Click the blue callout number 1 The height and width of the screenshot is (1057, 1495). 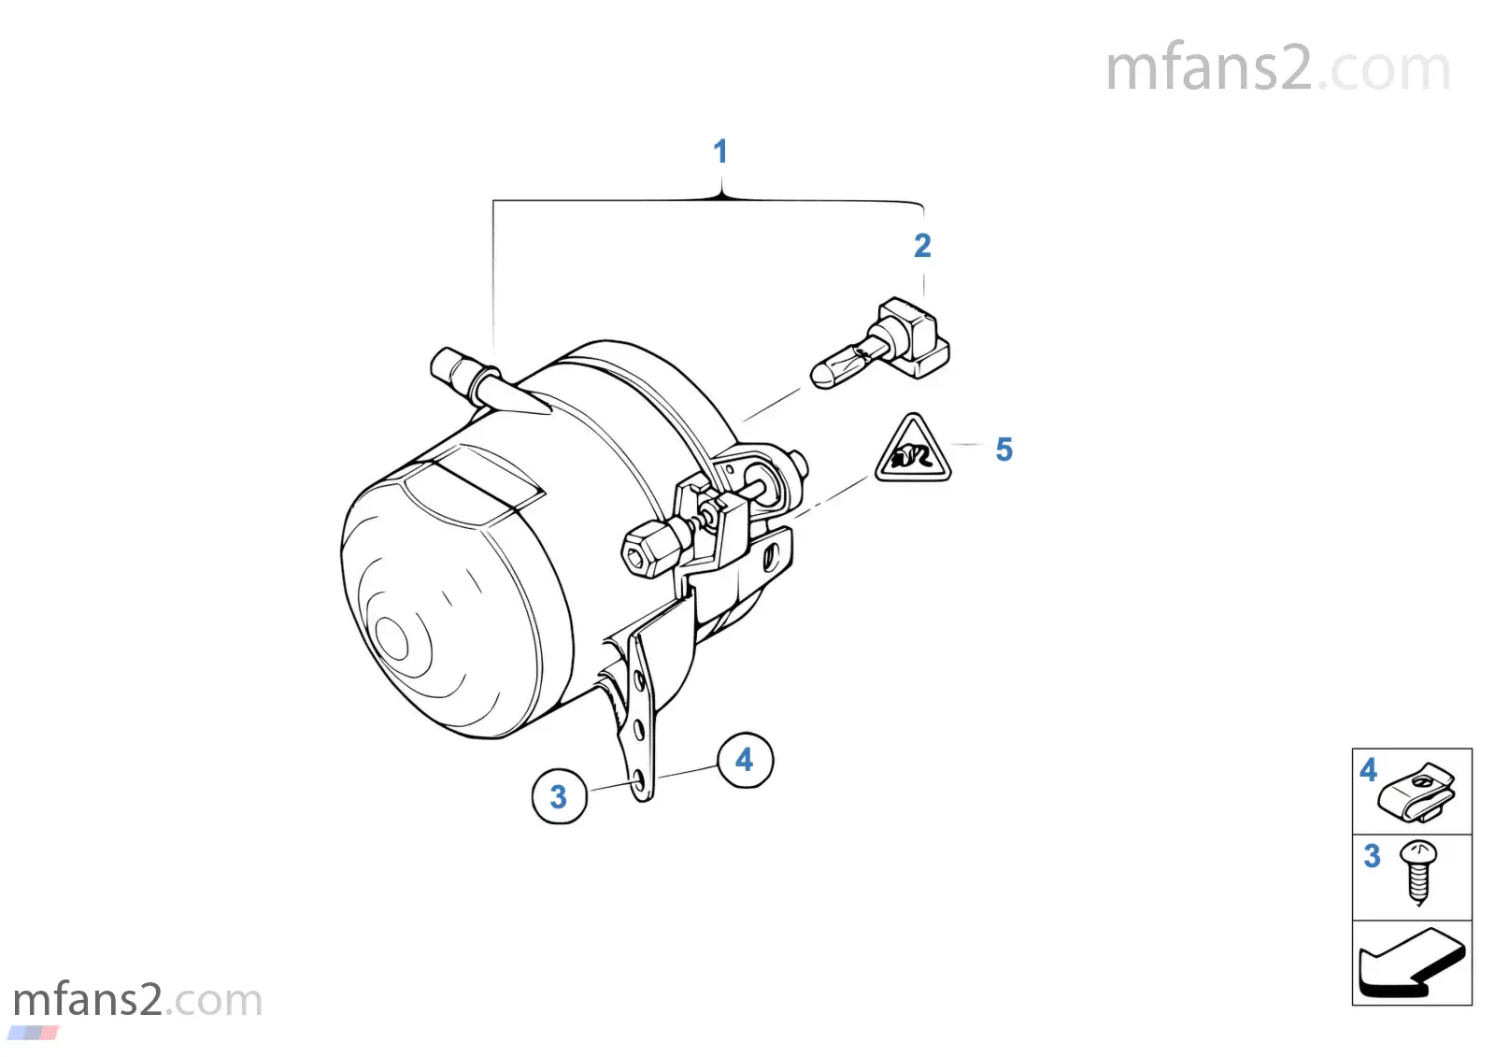click(720, 150)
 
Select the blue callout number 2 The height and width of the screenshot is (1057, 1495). click(922, 246)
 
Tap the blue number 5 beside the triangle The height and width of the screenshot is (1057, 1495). click(1004, 450)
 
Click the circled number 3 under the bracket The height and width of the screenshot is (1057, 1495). click(560, 796)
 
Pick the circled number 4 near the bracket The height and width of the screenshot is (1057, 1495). click(745, 760)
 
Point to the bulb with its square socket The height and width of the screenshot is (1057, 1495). click(880, 343)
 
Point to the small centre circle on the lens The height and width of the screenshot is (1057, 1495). click(392, 637)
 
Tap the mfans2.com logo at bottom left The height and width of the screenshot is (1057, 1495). click(137, 1000)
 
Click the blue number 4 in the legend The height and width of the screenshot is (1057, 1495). click(1368, 770)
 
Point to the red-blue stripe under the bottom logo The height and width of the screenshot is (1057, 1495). click(34, 1033)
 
